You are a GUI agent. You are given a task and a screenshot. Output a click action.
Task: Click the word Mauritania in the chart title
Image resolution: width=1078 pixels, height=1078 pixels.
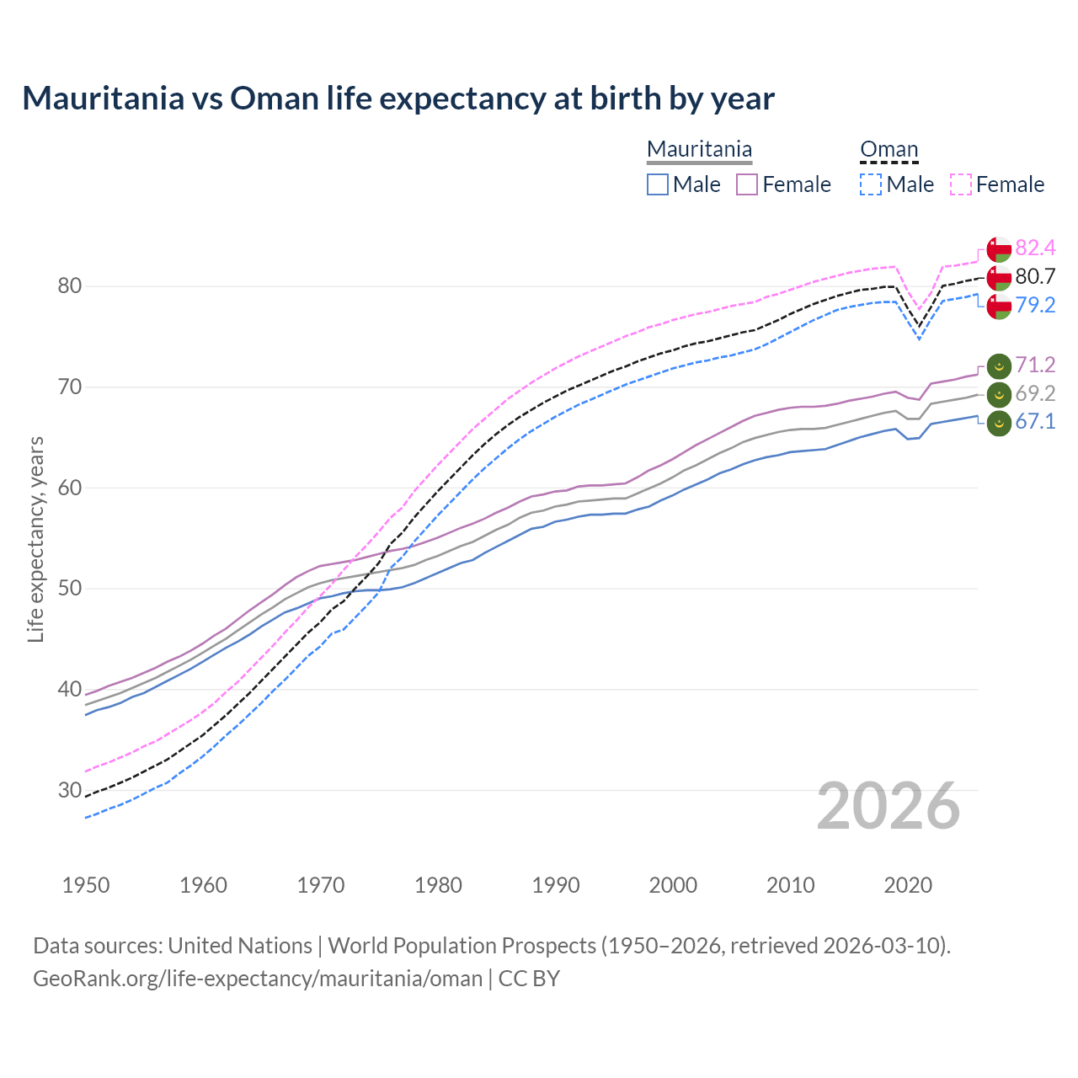coord(104,99)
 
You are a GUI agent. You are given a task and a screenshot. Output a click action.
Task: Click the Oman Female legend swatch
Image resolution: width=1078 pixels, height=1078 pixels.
coord(960,184)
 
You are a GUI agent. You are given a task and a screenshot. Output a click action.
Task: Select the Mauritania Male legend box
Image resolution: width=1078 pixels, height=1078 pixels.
coord(658,184)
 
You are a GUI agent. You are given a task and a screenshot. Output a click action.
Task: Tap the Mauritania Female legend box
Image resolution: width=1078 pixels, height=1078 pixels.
coord(747,184)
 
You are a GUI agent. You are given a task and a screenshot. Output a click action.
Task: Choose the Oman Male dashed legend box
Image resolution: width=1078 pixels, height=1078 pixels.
coord(871,184)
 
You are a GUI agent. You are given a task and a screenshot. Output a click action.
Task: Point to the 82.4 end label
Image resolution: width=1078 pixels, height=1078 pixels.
coord(1035,248)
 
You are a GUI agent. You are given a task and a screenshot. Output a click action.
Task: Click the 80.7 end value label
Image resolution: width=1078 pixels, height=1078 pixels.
coord(1035,276)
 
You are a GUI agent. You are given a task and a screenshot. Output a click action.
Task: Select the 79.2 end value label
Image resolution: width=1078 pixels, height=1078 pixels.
coord(1035,305)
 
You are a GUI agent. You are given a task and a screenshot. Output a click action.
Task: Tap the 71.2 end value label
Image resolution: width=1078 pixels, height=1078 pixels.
coord(1035,365)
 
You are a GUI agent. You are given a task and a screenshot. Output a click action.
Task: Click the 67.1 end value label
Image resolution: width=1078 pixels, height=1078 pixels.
coord(1035,421)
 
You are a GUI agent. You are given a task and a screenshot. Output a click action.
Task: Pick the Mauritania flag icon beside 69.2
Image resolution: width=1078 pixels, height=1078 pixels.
coord(999,394)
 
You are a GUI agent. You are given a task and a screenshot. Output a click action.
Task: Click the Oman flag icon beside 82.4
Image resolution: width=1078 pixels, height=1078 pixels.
coord(999,249)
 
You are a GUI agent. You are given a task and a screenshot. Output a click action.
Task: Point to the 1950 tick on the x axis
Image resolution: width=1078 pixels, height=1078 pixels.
coord(86,885)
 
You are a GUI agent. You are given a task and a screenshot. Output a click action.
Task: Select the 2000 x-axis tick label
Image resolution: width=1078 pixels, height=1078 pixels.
coord(673,885)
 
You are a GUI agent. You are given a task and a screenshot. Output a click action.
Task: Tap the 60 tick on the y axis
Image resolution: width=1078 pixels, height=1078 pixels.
coord(69,488)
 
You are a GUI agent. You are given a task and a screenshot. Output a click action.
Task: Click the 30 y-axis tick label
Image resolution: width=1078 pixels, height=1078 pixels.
coord(69,790)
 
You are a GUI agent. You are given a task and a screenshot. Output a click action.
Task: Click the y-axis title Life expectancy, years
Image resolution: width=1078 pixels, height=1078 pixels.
coord(35,539)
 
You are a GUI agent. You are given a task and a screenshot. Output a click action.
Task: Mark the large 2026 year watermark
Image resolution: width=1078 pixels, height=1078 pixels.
coord(889,806)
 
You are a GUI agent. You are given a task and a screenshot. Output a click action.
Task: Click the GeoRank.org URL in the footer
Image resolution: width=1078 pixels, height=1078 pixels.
coord(258,979)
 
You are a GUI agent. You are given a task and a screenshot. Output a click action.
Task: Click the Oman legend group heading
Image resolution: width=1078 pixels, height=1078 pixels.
coord(889,150)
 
